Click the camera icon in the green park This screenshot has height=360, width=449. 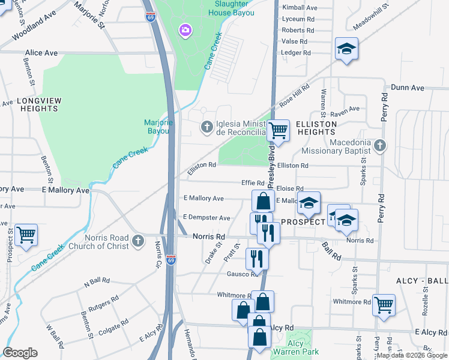pos(185,29)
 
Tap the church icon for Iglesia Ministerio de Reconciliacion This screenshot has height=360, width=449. pos(206,126)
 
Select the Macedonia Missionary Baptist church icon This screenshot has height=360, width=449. pos(379,145)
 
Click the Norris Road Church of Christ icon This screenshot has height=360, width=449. pos(138,241)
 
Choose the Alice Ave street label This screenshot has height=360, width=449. pos(41,53)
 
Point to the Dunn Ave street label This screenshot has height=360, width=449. pos(408,88)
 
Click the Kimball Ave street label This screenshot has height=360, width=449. pos(300,8)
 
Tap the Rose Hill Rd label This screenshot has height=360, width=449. pos(294,96)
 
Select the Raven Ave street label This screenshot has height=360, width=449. pos(348,109)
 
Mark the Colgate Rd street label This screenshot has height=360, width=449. pos(112,324)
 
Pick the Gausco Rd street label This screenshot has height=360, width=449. pos(242,274)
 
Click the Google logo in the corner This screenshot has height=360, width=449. pos(20,353)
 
